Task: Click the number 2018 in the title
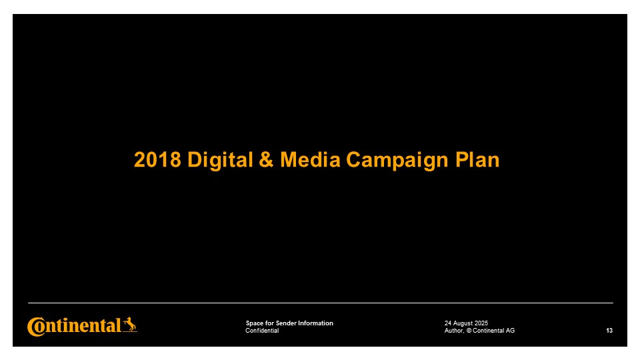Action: [157, 159]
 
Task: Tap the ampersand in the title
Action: [266, 159]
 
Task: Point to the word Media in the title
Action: [310, 159]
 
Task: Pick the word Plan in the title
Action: [477, 159]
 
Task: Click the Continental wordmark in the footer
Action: [74, 327]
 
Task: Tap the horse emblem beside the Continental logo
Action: [130, 325]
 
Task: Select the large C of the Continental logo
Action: [36, 327]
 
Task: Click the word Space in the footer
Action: [255, 323]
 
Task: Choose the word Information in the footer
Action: [315, 323]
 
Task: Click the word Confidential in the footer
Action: [262, 331]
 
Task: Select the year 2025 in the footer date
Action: [482, 323]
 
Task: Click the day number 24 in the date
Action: [448, 323]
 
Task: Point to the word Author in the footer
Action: [454, 331]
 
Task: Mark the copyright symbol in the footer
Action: [469, 331]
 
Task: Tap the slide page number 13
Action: [609, 331]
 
